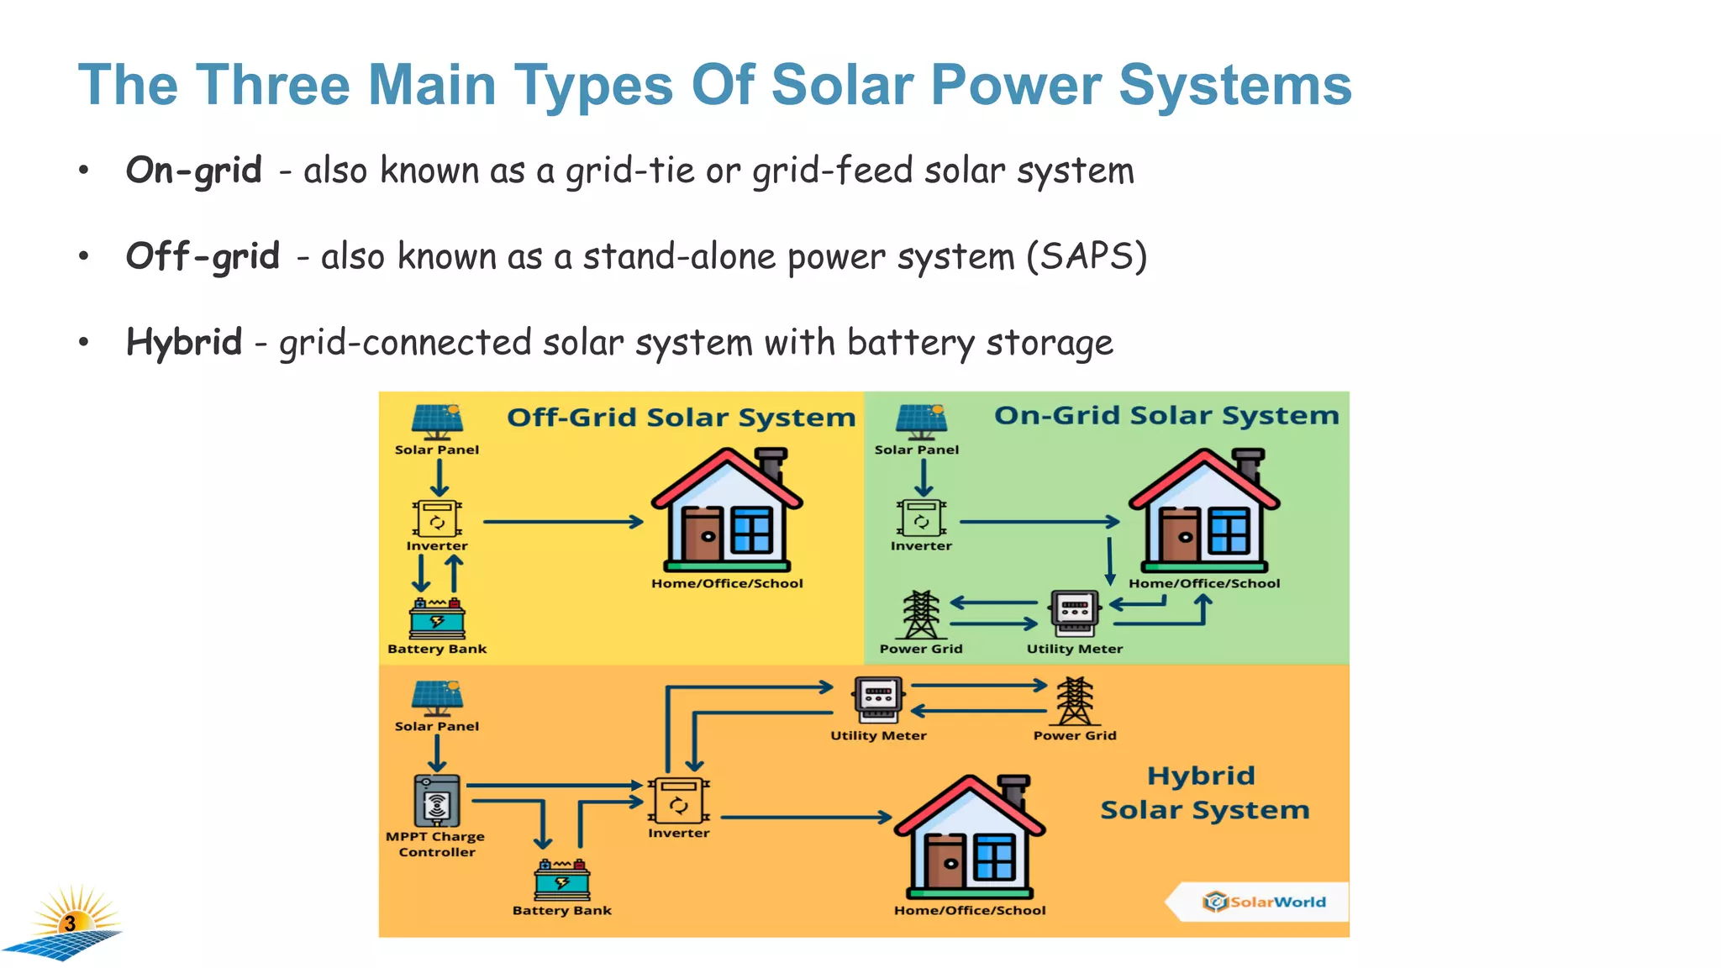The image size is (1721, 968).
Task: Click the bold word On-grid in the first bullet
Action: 193,171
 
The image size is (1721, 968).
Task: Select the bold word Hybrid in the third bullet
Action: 184,343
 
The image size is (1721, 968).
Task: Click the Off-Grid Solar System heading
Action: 681,418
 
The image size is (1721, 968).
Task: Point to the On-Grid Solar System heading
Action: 1166,415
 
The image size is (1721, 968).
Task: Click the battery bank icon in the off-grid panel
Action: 437,618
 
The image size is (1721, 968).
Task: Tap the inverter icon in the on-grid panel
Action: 921,518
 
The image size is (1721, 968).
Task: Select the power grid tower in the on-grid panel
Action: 921,615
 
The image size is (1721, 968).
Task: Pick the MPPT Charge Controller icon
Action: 437,801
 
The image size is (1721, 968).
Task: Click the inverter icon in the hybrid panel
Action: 678,801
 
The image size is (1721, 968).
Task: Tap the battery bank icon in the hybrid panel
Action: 562,880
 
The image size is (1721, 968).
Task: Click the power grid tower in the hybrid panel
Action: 1075,701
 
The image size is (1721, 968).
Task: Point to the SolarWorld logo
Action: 1265,902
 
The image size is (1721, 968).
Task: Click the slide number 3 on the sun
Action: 71,923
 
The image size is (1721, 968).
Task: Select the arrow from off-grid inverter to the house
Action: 562,522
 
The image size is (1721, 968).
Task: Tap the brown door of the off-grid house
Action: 703,534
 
